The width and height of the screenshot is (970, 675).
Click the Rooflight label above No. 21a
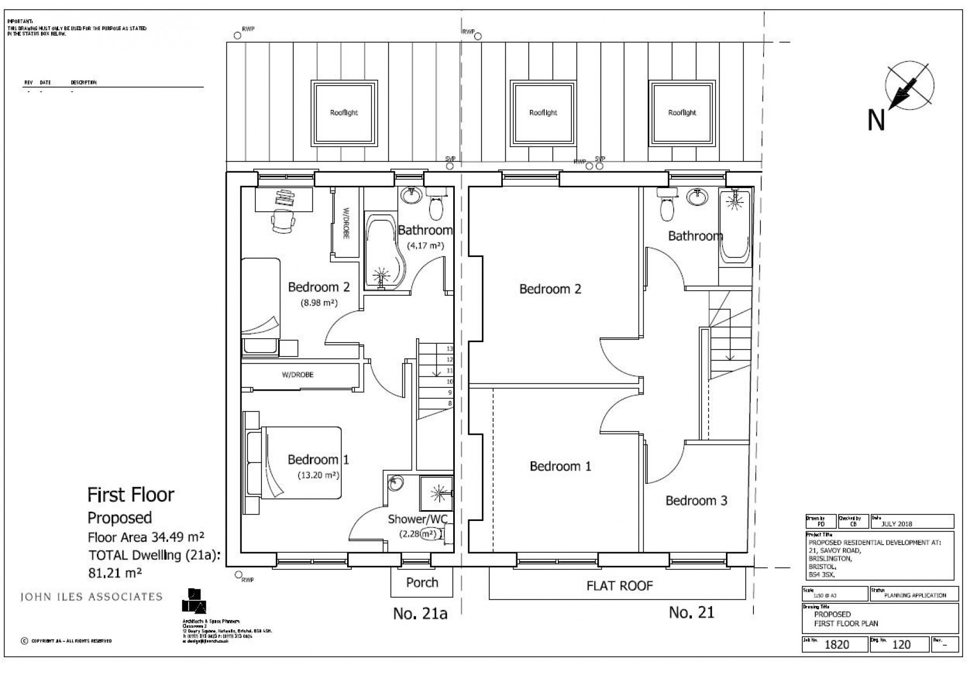click(x=344, y=113)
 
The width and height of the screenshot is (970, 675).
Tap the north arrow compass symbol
click(x=909, y=86)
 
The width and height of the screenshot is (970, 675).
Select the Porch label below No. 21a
click(x=422, y=582)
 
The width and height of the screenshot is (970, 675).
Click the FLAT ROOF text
click(x=619, y=586)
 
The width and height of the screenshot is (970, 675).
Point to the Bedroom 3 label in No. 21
click(x=696, y=500)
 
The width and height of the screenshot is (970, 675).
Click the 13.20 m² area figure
click(x=318, y=475)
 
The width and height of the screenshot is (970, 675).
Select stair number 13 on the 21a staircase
click(x=449, y=349)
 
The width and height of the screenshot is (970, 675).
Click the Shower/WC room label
click(x=418, y=519)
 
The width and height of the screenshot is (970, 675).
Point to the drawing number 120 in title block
click(x=902, y=644)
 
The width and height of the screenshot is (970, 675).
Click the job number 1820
click(x=837, y=644)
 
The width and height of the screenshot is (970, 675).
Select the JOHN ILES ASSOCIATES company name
click(x=91, y=596)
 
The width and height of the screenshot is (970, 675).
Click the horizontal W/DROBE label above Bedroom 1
click(x=297, y=375)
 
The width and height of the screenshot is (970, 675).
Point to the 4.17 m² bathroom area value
click(x=425, y=246)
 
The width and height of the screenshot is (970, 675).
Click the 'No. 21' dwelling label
click(x=691, y=612)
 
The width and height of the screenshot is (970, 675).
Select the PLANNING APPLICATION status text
click(x=915, y=595)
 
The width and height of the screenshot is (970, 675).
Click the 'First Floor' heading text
click(x=131, y=495)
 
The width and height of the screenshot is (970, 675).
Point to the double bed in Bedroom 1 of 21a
click(x=302, y=463)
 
